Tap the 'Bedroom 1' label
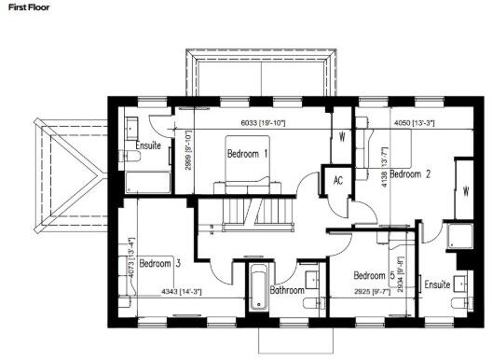point(247,153)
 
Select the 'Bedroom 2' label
point(411,173)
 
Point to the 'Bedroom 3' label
point(160,264)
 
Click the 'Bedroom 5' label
point(370,276)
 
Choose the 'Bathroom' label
point(287,290)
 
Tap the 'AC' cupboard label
point(337,180)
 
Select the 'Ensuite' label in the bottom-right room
point(439,284)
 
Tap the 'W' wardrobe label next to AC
point(343,135)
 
